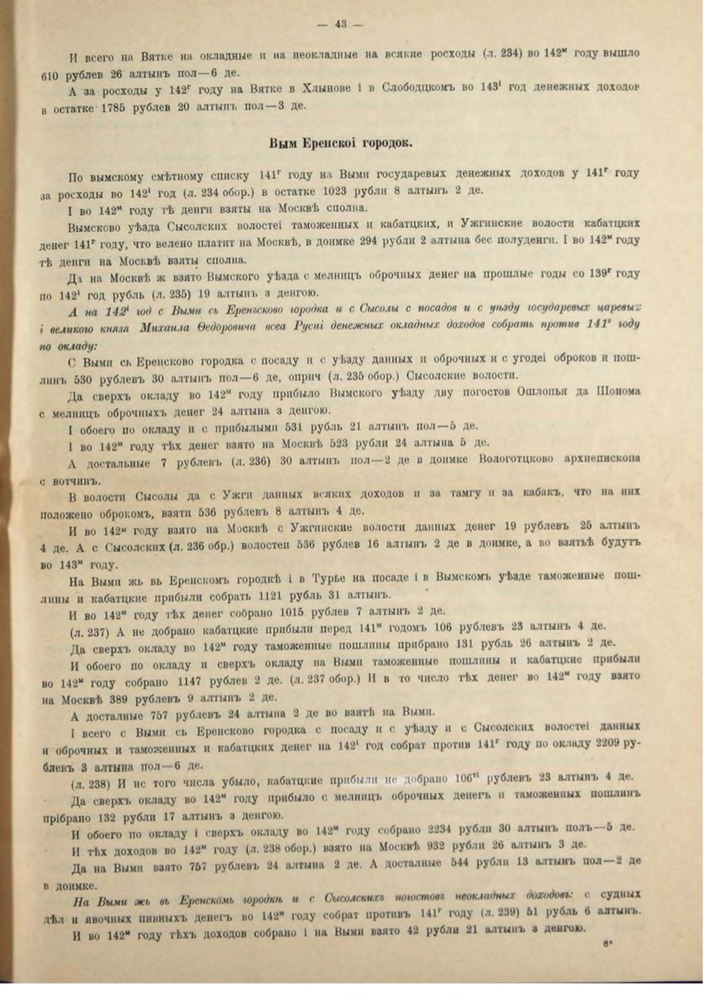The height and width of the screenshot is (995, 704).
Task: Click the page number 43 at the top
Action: click(x=340, y=25)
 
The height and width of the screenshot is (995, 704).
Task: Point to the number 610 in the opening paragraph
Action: click(x=54, y=74)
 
